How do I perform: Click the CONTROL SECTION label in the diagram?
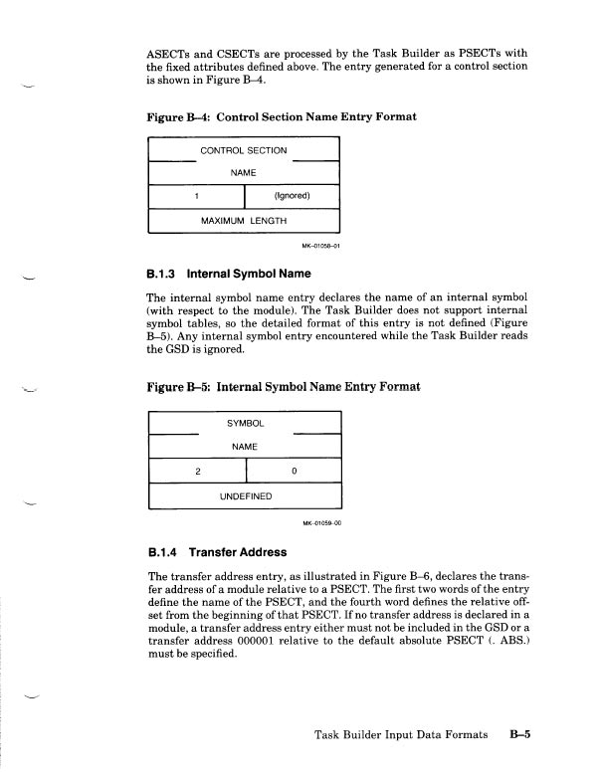tap(244, 150)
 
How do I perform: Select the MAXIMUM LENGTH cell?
tap(244, 220)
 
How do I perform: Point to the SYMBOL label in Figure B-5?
tap(244, 423)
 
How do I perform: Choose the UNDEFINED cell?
tap(244, 493)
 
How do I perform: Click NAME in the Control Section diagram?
tap(244, 172)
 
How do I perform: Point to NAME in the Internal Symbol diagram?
tap(244, 447)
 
